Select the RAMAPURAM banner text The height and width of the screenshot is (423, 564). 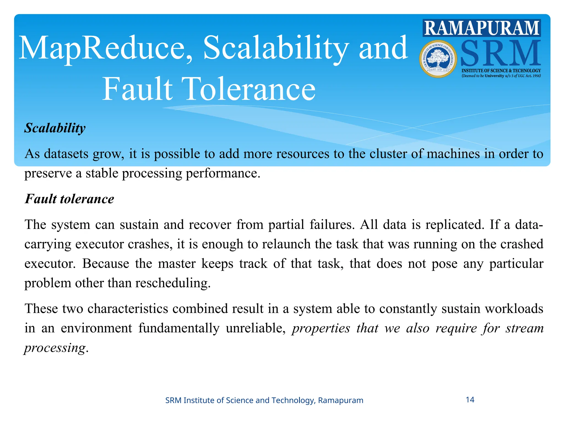click(482, 28)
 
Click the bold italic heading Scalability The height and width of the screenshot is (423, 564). click(55, 128)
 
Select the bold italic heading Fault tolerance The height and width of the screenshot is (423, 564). click(69, 199)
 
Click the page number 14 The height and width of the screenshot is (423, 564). click(470, 400)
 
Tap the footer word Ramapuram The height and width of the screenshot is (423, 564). click(341, 400)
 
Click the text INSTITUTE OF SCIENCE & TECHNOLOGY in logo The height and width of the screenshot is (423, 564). click(501, 71)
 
